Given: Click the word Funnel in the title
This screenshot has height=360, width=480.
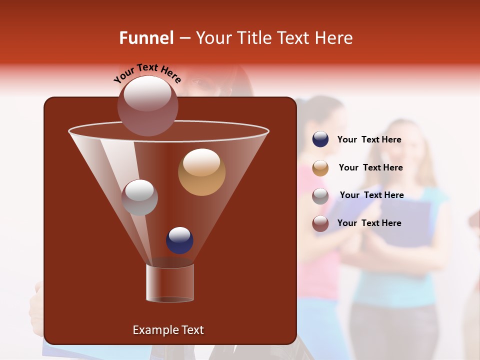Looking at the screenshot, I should (x=146, y=38).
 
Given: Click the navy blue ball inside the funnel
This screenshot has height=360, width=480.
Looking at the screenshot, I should (x=179, y=240).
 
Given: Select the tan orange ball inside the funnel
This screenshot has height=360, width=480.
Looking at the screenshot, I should (x=201, y=172).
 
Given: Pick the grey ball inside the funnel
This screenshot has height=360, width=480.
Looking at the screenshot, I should (x=139, y=197).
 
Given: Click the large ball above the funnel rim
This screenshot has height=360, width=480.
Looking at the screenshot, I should (x=147, y=105).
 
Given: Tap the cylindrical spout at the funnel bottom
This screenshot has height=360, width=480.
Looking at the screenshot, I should (x=169, y=283).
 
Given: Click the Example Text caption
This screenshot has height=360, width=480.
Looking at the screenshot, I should (x=168, y=330).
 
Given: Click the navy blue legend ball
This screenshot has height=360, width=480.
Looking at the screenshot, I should (x=320, y=139).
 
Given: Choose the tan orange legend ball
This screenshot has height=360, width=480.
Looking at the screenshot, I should (x=320, y=168).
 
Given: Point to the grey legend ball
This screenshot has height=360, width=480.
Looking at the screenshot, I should (x=320, y=195).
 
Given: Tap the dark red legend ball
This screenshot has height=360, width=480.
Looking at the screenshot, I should (x=320, y=223).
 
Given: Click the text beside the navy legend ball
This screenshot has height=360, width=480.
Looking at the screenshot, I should (x=369, y=139).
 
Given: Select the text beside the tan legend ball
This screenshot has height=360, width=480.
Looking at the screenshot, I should (x=370, y=167).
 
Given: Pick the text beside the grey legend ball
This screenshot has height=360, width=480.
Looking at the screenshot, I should (x=371, y=195).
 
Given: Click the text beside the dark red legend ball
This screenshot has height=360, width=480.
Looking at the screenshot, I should (x=369, y=223).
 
